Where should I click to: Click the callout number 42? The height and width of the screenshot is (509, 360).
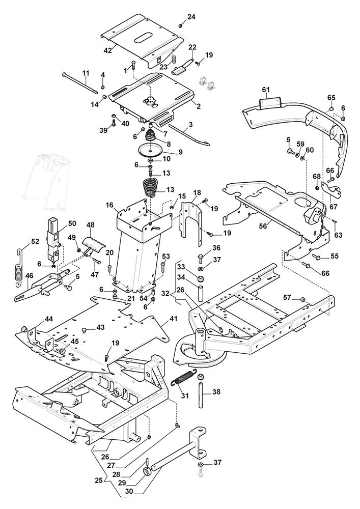107,50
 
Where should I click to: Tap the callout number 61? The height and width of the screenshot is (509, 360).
265,90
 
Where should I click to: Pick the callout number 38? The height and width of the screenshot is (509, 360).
217,392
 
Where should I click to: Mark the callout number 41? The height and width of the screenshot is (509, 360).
174,319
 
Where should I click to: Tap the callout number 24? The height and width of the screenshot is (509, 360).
191,17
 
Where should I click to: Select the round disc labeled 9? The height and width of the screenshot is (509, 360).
151,151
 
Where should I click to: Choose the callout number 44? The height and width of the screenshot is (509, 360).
49,319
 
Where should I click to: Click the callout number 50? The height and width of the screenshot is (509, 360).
72,223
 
